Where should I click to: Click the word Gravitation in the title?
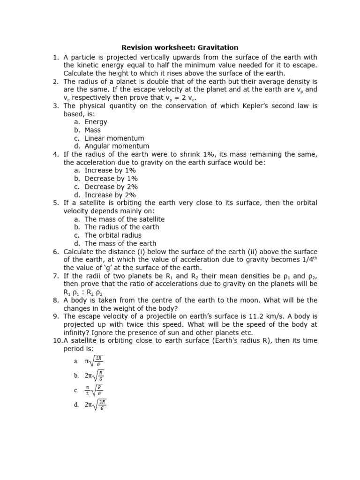(217, 47)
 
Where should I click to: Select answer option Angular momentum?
(117, 146)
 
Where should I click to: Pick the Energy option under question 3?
(96, 122)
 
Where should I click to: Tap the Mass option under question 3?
(92, 130)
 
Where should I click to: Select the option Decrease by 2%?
(111, 187)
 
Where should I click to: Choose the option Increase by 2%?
(110, 195)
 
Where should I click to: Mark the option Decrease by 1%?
(111, 179)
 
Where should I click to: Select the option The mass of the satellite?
(124, 219)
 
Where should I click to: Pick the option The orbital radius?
(113, 235)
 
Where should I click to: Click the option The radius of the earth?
(122, 227)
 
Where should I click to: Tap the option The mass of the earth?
(120, 244)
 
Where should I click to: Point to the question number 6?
(55, 252)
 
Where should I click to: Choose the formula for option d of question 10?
(96, 405)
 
